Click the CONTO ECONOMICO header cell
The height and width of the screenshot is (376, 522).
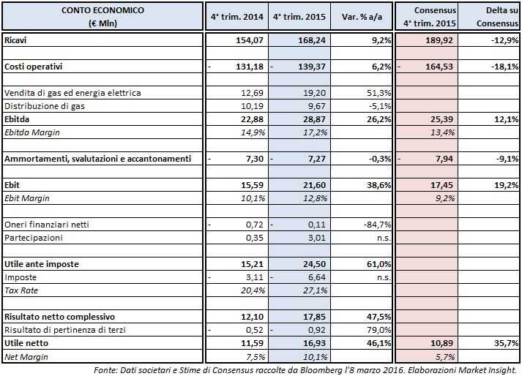(102, 15)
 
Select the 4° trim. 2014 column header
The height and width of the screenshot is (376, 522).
(237, 15)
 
